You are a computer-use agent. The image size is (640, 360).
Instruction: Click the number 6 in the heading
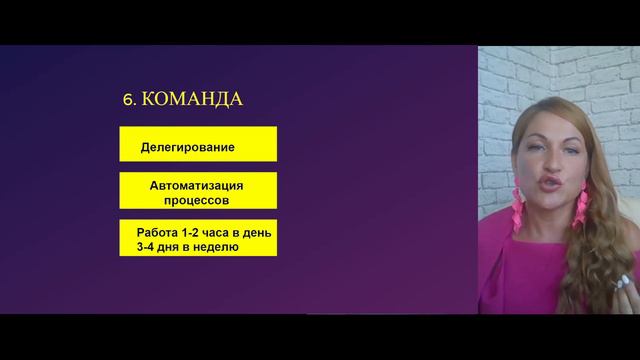pyautogui.click(x=126, y=99)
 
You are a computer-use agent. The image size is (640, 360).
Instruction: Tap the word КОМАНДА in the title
pyautogui.click(x=190, y=99)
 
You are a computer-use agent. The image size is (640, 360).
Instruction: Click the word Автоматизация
pyautogui.click(x=197, y=185)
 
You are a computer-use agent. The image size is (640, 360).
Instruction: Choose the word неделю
pyautogui.click(x=215, y=245)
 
